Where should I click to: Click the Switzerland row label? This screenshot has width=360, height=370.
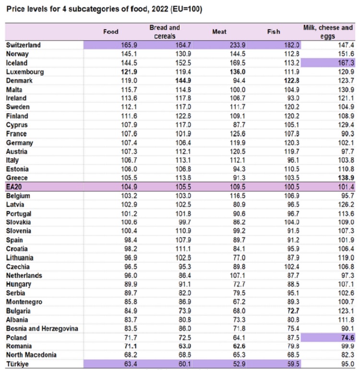click(x=23, y=45)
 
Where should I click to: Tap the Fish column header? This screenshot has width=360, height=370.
click(x=274, y=32)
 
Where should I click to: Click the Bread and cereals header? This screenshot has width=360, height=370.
click(x=165, y=32)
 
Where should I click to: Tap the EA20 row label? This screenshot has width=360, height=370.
click(x=16, y=187)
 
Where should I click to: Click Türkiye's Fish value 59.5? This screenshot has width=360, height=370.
click(x=292, y=364)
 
